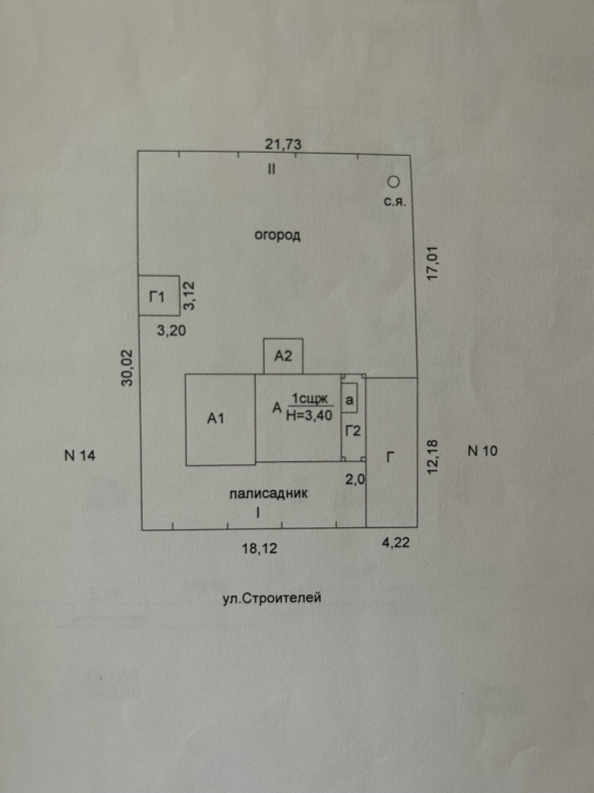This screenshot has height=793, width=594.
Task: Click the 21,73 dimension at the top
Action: [x=283, y=144]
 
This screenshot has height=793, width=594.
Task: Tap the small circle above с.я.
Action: [x=393, y=182]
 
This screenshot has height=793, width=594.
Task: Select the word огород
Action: [x=277, y=235]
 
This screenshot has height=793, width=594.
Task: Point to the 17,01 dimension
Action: [x=432, y=263]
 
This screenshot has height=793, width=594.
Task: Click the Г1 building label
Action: [x=157, y=297]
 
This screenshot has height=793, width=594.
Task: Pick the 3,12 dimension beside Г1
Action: [x=189, y=296]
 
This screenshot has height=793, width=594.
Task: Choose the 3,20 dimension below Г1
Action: [x=171, y=331]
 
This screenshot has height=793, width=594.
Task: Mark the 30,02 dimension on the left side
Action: [x=127, y=367]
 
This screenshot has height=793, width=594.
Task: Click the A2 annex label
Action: [x=283, y=356]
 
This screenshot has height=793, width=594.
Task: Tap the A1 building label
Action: [x=216, y=418]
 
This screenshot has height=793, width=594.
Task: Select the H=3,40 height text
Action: [x=309, y=415]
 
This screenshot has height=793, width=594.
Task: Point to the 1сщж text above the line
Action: [x=310, y=399]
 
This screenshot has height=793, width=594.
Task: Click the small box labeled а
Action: [x=349, y=400]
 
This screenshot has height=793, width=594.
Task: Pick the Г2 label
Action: [x=352, y=431]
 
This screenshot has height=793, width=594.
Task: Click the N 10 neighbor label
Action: [x=482, y=451]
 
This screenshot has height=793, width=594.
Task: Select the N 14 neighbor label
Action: [x=80, y=456]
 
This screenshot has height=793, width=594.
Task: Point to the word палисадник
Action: [x=268, y=494]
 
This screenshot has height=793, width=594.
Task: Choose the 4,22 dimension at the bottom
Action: [x=396, y=543]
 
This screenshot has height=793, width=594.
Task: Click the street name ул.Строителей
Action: [x=272, y=598]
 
